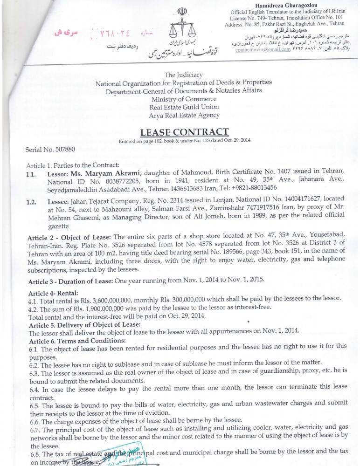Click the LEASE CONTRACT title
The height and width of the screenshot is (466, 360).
pos(184,132)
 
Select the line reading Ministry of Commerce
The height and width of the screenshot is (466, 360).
pos(184,99)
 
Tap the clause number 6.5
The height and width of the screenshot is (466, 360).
pos(34,401)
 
